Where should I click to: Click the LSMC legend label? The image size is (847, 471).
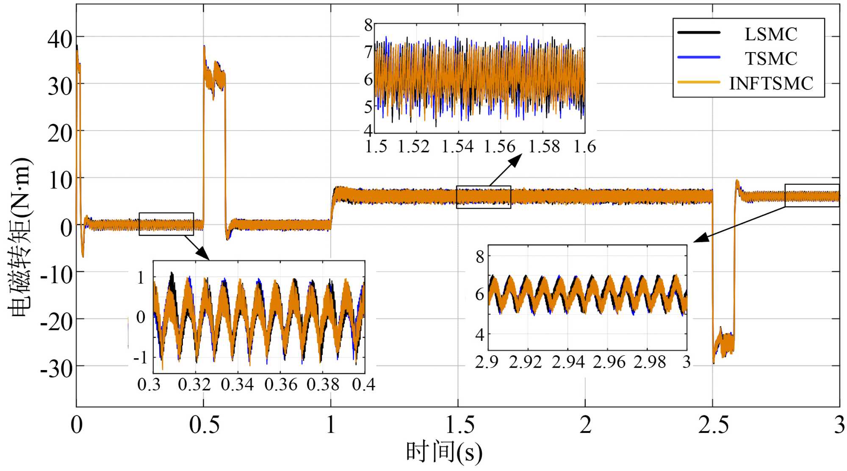771,34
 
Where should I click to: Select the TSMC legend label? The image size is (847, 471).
771,59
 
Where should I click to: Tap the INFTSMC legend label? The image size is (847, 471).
771,83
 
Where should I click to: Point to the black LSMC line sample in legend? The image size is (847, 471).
699,33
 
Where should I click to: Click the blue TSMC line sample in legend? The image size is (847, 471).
699,57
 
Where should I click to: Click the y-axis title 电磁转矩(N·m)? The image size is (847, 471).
20,237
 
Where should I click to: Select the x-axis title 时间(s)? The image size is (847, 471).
444,452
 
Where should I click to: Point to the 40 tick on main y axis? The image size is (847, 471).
60,39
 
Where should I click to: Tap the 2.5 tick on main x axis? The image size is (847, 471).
713,425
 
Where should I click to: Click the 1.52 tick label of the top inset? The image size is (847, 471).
413,147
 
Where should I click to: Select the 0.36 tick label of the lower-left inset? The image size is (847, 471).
280,385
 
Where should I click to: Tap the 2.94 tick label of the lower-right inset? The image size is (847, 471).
568,362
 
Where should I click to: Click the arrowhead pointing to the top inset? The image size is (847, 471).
517,159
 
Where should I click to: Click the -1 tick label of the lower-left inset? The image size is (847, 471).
140,357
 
